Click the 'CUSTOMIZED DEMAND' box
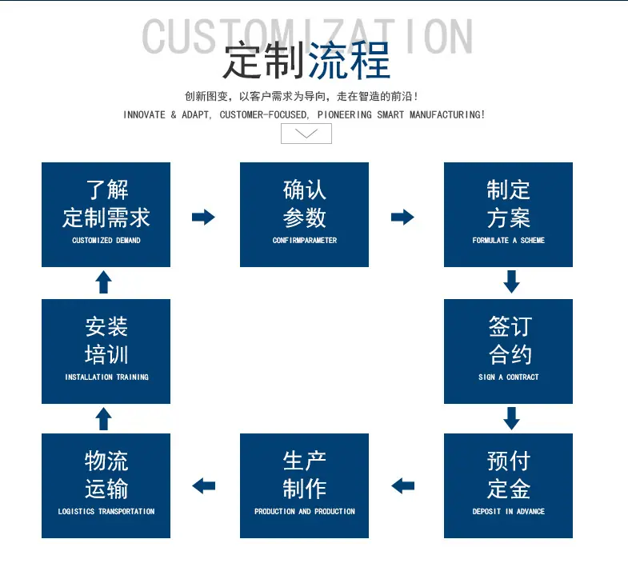point(106,214)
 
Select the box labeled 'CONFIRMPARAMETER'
point(304,214)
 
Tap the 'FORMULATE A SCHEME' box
point(508,214)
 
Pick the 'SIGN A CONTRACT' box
point(508,351)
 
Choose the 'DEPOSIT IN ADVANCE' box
point(508,485)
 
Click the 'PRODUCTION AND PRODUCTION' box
point(304,485)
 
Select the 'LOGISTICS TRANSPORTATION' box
point(106,485)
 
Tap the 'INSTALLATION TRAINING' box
point(106,351)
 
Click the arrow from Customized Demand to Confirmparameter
point(203,217)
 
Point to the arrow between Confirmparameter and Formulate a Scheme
point(402,217)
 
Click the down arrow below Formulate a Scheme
point(511,282)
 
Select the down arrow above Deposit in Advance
point(511,418)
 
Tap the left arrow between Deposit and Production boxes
point(402,486)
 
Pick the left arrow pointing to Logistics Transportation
point(203,486)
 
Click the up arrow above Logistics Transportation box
point(104,419)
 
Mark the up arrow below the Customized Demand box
point(104,282)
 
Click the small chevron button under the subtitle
point(306,134)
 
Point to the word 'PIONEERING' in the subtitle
point(345,115)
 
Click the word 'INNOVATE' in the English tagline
point(144,115)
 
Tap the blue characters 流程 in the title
point(350,61)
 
